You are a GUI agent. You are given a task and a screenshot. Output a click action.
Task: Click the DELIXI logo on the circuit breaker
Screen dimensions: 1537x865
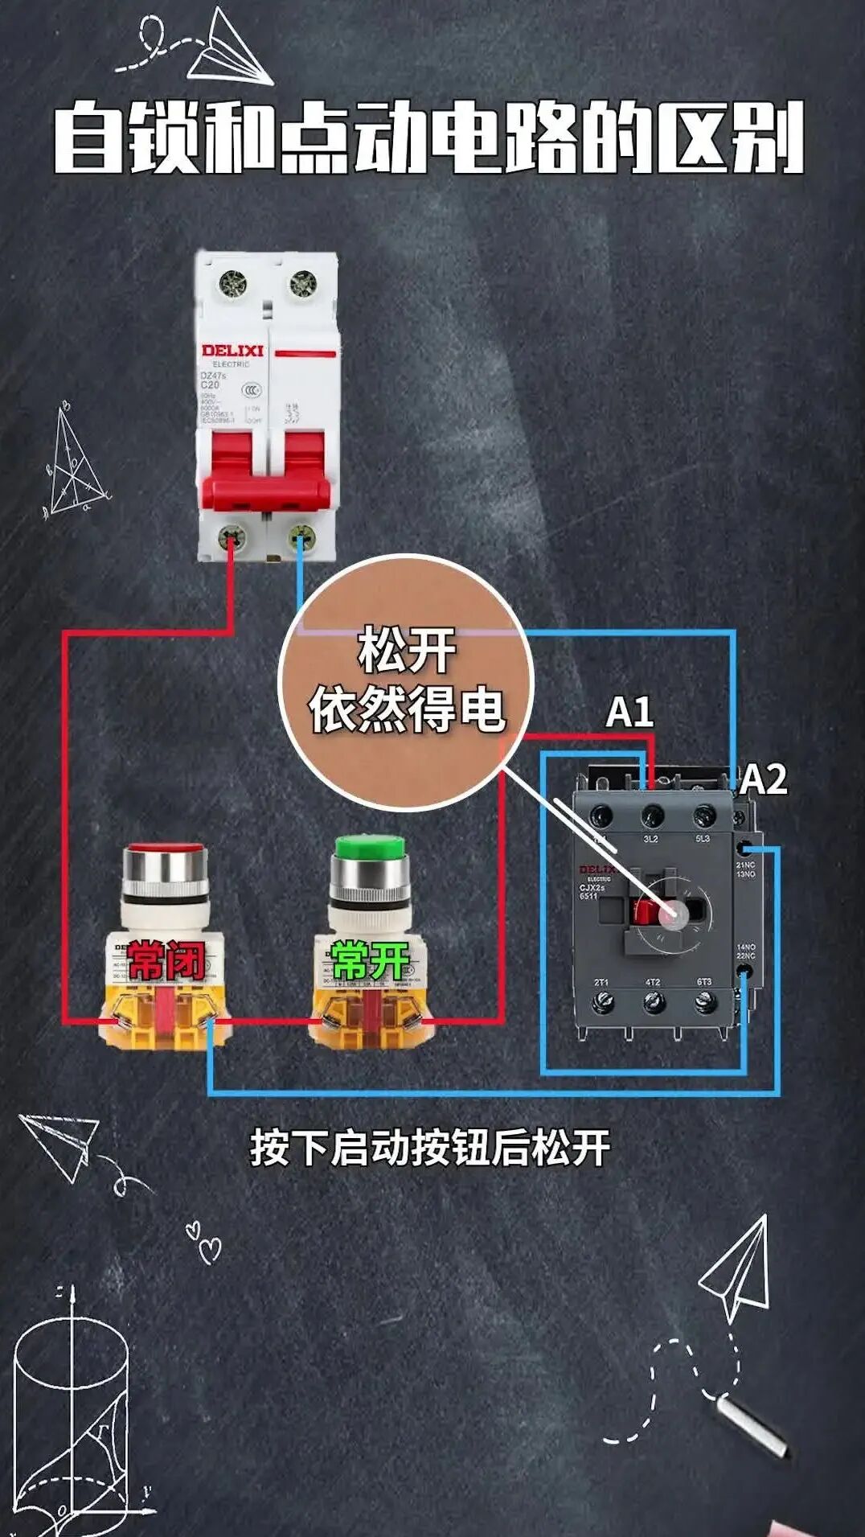coord(232,351)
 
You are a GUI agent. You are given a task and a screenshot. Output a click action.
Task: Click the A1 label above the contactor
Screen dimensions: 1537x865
coord(629,713)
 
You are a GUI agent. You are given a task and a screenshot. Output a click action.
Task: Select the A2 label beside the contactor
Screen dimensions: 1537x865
coord(763,779)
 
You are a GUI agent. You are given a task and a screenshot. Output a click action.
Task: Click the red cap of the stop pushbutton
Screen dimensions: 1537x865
coord(165,849)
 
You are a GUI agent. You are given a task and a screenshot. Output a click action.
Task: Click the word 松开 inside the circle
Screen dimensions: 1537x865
coord(407,651)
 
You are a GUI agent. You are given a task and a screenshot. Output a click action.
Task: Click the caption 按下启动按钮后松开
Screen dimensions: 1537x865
coord(430,1148)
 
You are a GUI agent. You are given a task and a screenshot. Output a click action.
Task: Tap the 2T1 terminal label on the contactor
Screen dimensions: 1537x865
coord(601,983)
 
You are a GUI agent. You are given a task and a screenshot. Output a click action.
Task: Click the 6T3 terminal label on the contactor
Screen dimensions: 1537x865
coord(704,983)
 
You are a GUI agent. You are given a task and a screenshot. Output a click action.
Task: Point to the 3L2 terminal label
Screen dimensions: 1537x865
coord(651,840)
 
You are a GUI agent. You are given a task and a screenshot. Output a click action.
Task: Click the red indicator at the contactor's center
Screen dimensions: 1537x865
coord(644,911)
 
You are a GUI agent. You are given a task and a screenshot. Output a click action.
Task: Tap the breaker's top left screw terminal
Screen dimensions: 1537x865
coord(233,283)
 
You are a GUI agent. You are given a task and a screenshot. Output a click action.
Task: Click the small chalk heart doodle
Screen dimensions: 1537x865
coord(210,1250)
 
